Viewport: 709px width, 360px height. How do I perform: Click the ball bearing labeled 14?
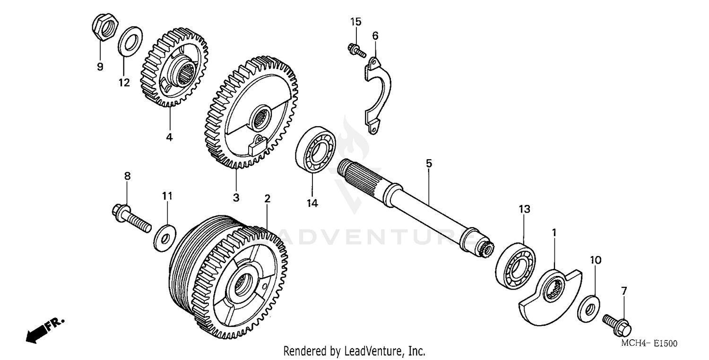tap(315, 149)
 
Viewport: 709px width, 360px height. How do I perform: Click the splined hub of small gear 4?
tap(186, 75)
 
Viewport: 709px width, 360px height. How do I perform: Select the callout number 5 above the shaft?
tap(429, 163)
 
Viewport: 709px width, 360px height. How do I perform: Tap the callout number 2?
tap(267, 198)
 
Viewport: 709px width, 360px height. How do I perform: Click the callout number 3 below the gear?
tap(236, 197)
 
